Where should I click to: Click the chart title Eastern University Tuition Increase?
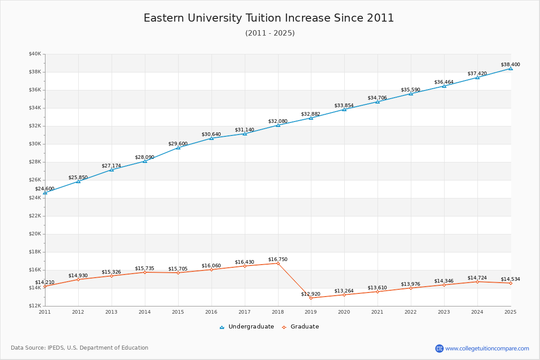269,18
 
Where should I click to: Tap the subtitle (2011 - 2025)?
270,33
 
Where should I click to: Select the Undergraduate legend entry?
251,327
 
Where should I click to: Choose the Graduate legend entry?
304,327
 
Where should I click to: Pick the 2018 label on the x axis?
278,311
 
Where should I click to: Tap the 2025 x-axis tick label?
510,311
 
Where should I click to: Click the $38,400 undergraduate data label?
510,64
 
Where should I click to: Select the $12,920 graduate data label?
310,294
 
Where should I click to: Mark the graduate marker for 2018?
278,263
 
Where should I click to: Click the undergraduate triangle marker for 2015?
178,148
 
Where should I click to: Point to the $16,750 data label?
278,259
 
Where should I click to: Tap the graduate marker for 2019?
311,298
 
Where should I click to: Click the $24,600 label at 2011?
45,189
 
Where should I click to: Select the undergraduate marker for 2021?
378,102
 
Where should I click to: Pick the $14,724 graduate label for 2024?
477,278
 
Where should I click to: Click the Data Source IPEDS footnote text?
80,348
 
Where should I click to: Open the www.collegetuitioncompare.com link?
487,348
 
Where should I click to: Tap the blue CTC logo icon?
439,348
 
